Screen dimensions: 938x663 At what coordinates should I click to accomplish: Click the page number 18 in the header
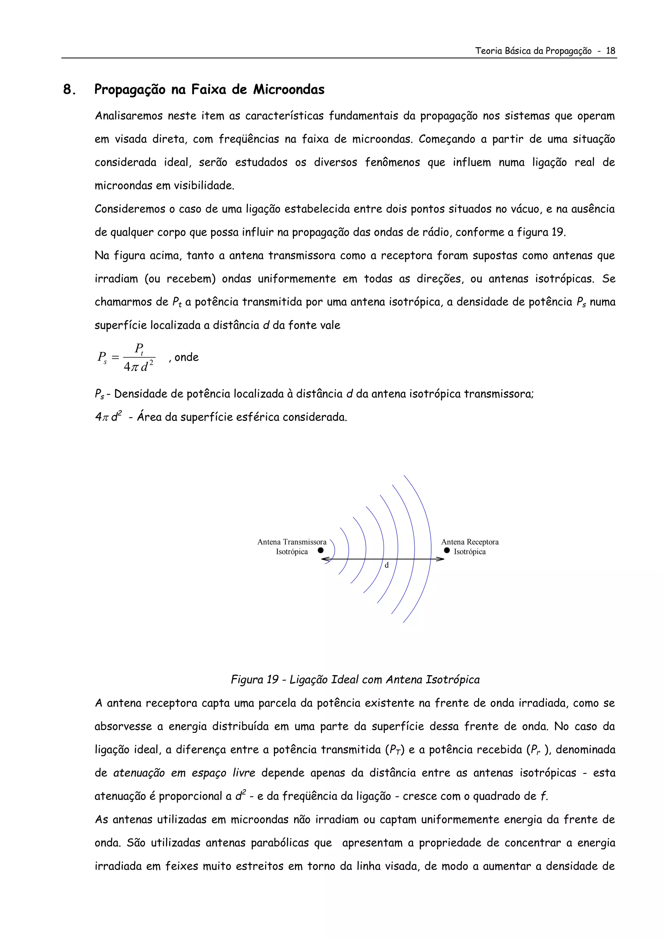pyautogui.click(x=610, y=51)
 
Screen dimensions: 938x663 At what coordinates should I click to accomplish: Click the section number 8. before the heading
pyautogui.click(x=70, y=89)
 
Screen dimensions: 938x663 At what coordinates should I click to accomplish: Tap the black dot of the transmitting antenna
pyautogui.click(x=321, y=550)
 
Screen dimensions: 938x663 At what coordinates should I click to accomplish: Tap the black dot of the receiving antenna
pyautogui.click(x=447, y=550)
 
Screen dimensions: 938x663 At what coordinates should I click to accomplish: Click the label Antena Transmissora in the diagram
pyautogui.click(x=292, y=542)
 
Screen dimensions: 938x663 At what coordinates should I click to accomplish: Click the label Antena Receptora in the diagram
pyautogui.click(x=470, y=542)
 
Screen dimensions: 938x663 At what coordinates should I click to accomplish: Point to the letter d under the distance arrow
pyautogui.click(x=387, y=565)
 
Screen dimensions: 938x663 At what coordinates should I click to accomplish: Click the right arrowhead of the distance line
pyautogui.click(x=441, y=559)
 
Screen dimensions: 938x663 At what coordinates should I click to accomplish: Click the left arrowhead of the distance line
pyautogui.click(x=325, y=559)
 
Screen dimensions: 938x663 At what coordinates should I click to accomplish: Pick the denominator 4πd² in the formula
pyautogui.click(x=139, y=367)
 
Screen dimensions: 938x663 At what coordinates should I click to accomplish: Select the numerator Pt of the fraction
pyautogui.click(x=139, y=349)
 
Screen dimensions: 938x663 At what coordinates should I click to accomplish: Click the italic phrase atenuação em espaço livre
pyautogui.click(x=184, y=773)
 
